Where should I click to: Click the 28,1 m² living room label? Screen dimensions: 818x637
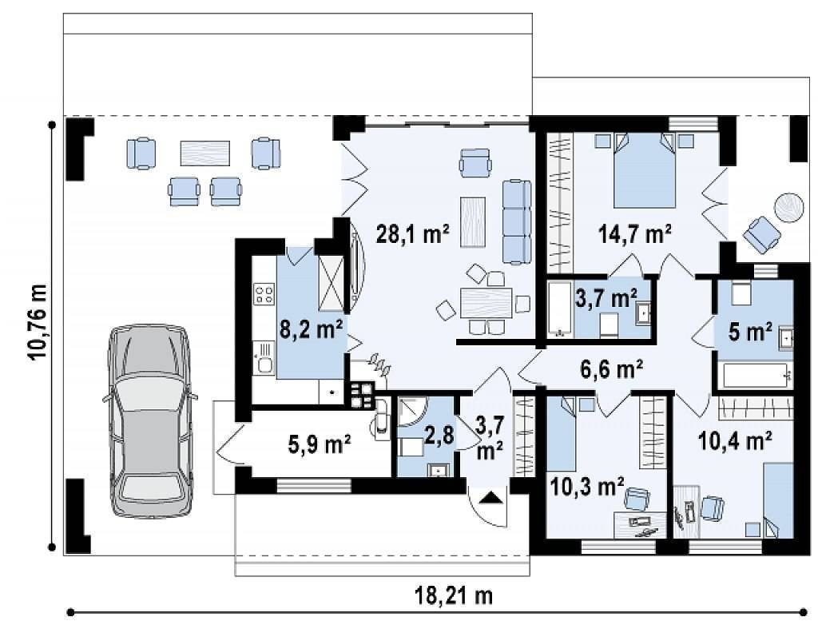point(413,234)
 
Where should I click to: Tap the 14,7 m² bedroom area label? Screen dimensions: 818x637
point(635,234)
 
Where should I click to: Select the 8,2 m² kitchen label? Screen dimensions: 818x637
point(311,329)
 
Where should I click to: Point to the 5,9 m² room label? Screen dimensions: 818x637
point(320,445)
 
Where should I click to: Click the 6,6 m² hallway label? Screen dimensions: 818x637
point(611,369)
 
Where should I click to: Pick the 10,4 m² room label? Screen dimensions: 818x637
point(736,441)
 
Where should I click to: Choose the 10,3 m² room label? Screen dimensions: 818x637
point(588,487)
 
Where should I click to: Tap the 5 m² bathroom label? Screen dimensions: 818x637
point(751,331)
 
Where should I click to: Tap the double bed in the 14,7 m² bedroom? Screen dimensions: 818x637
point(645,170)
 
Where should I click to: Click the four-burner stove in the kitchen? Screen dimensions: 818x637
point(264,293)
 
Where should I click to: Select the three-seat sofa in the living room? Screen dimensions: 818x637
point(517,221)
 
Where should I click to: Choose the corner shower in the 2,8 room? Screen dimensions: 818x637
point(412,412)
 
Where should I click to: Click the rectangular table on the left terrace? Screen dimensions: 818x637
point(205,153)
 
